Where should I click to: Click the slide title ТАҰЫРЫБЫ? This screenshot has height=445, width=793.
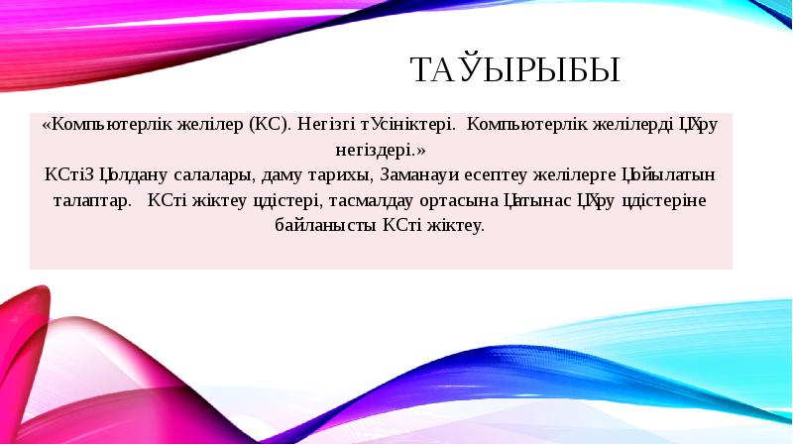click(514, 70)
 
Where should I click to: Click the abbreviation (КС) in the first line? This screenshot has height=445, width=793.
click(268, 126)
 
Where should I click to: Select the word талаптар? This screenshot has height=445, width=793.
click(91, 200)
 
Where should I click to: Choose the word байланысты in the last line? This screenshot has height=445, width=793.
click(325, 225)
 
